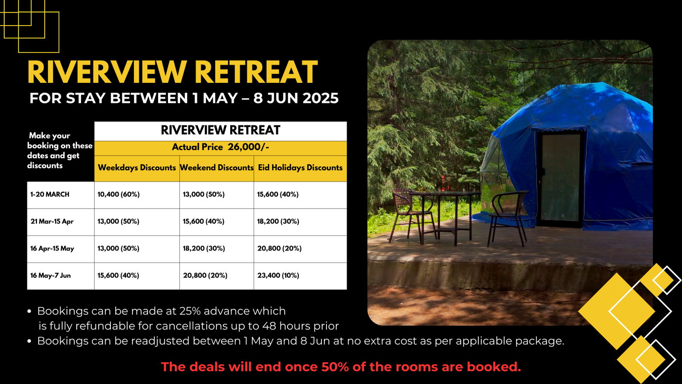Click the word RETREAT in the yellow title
coord(256,72)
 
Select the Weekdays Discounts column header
coord(137,168)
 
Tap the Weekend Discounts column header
coord(217,168)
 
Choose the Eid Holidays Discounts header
coord(300,168)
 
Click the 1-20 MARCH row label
coord(49,195)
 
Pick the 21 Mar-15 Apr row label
coord(52,221)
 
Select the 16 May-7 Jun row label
coord(51,276)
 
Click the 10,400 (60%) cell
coord(118,195)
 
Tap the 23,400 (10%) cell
coord(278,276)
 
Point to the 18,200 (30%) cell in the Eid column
coord(278,221)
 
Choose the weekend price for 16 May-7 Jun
coord(205,276)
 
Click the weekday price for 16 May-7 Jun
coord(118,276)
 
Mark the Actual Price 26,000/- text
coord(220,147)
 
